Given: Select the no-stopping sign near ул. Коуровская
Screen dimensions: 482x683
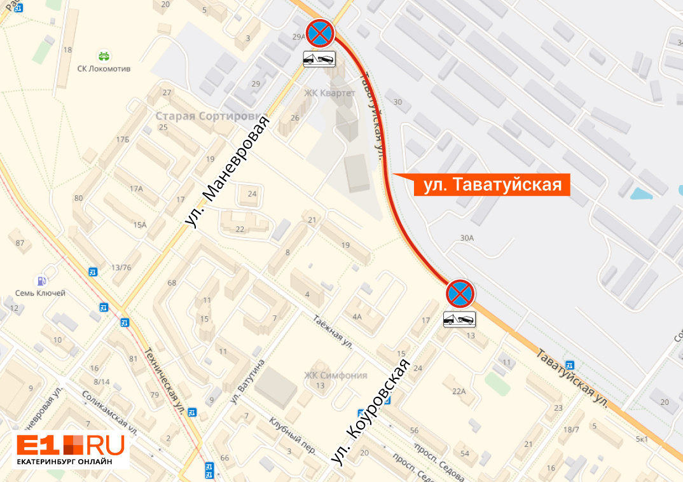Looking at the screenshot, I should click(460, 293).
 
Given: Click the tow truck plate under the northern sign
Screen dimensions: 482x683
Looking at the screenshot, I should click(319, 59).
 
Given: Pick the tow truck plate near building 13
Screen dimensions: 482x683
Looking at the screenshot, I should click(460, 319).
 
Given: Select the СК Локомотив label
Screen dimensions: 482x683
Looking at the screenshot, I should click(104, 69).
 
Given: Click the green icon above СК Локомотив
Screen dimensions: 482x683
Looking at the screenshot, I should click(104, 55).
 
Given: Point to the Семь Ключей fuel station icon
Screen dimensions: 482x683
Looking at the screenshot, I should click(41, 280).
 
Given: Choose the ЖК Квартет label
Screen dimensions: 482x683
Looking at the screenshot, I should click(329, 93).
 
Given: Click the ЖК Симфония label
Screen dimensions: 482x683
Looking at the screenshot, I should click(335, 375).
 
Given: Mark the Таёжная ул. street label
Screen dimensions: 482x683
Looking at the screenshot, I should click(333, 333).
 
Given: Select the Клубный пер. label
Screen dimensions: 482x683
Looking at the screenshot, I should click(292, 435).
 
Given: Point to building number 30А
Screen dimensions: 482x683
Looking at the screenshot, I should click(467, 238).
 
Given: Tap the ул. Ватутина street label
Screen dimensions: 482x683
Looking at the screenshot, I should click(247, 381).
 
